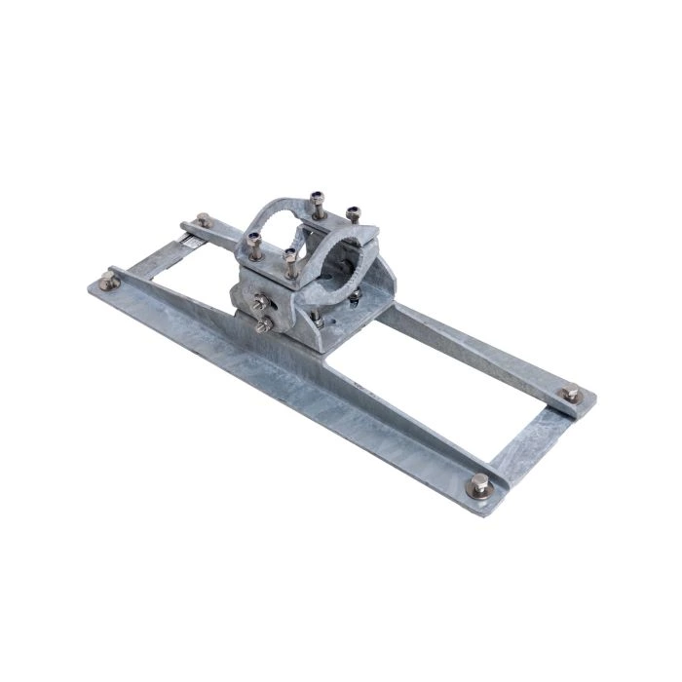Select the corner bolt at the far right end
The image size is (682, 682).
click(572, 395)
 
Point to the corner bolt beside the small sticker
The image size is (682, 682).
click(203, 220)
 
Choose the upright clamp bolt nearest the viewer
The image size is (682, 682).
click(291, 259)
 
